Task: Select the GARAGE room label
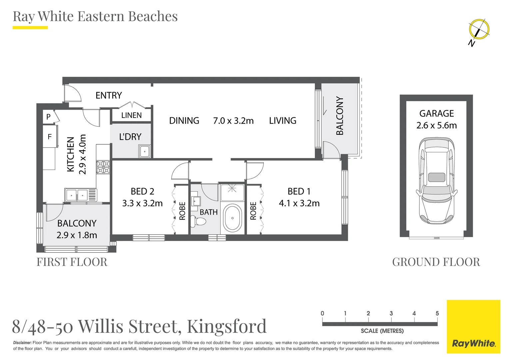pyautogui.click(x=436, y=113)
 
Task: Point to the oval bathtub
pyautogui.click(x=232, y=218)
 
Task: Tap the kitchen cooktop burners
pyautogui.click(x=103, y=167)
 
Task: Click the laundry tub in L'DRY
pyautogui.click(x=145, y=151)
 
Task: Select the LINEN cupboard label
pyautogui.click(x=131, y=115)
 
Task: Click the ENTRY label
pyautogui.click(x=109, y=95)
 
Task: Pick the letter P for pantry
pyautogui.click(x=48, y=117)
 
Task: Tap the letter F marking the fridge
pyautogui.click(x=50, y=136)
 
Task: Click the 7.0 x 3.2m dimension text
pyautogui.click(x=233, y=121)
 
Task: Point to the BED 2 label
pyautogui.click(x=142, y=191)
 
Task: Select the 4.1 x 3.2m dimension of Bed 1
pyautogui.click(x=299, y=203)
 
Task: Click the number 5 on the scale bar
pyautogui.click(x=437, y=313)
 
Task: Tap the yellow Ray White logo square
pyautogui.click(x=474, y=327)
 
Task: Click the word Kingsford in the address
pyautogui.click(x=227, y=327)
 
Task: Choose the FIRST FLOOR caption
pyautogui.click(x=72, y=262)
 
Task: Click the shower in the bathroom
pyautogui.click(x=232, y=192)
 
